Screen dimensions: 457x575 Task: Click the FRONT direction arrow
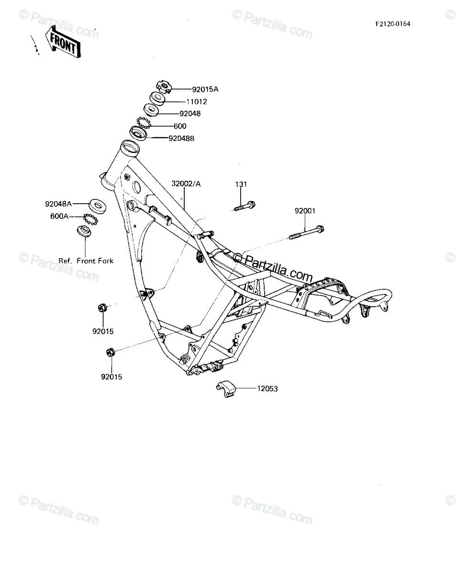[63, 42]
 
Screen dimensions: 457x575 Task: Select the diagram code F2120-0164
[393, 24]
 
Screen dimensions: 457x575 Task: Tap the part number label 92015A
[205, 89]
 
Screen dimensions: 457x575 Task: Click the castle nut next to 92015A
[163, 87]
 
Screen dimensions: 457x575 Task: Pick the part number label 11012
[197, 102]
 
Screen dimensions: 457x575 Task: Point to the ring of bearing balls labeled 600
[144, 123]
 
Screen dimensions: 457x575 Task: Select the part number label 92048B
[181, 138]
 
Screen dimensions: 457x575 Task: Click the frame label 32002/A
[186, 184]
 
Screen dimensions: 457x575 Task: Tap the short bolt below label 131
[245, 206]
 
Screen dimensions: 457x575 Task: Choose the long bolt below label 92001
[307, 232]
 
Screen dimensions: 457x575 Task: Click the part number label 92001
[305, 211]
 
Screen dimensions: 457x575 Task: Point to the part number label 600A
[59, 216]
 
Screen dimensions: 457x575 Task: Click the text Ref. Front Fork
[86, 261]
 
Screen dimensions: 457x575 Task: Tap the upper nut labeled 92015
[102, 308]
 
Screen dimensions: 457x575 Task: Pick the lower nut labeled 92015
[111, 352]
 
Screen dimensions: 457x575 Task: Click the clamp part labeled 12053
[225, 389]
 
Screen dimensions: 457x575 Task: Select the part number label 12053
[267, 389]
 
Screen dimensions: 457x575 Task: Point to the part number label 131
[241, 184]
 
